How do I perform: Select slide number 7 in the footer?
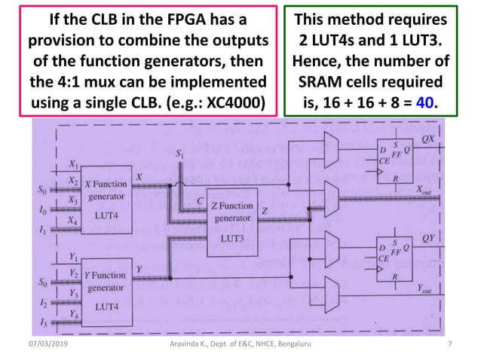pos(449,344)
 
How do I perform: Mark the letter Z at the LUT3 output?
pos(265,213)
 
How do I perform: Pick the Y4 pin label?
pos(73,310)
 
